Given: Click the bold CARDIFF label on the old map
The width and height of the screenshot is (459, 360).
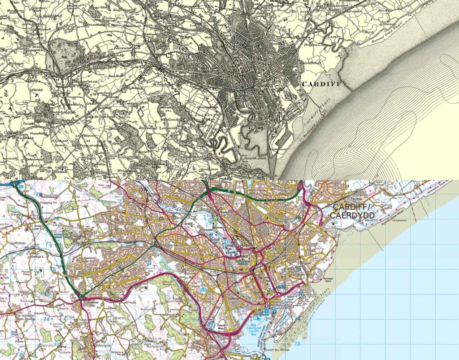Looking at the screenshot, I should click(x=321, y=84).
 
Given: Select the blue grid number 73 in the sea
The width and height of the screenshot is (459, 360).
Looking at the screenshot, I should click(x=297, y=344).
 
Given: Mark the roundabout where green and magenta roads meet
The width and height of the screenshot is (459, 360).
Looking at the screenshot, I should click(x=81, y=296).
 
